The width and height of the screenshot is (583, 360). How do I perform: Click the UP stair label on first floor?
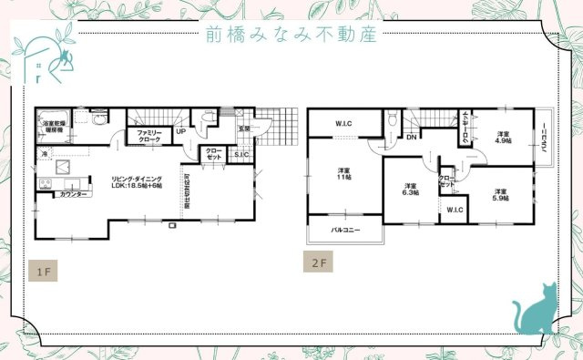(180, 131)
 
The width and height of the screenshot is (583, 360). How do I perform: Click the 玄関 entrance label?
(244, 129)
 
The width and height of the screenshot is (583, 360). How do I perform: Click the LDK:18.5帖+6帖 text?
(138, 184)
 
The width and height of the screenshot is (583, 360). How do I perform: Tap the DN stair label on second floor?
(411, 138)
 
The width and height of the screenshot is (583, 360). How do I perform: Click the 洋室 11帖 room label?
(343, 174)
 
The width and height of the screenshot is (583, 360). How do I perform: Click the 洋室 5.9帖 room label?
(500, 194)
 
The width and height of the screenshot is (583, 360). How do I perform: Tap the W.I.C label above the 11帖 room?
(343, 124)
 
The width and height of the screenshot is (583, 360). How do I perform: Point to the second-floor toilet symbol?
(391, 118)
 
